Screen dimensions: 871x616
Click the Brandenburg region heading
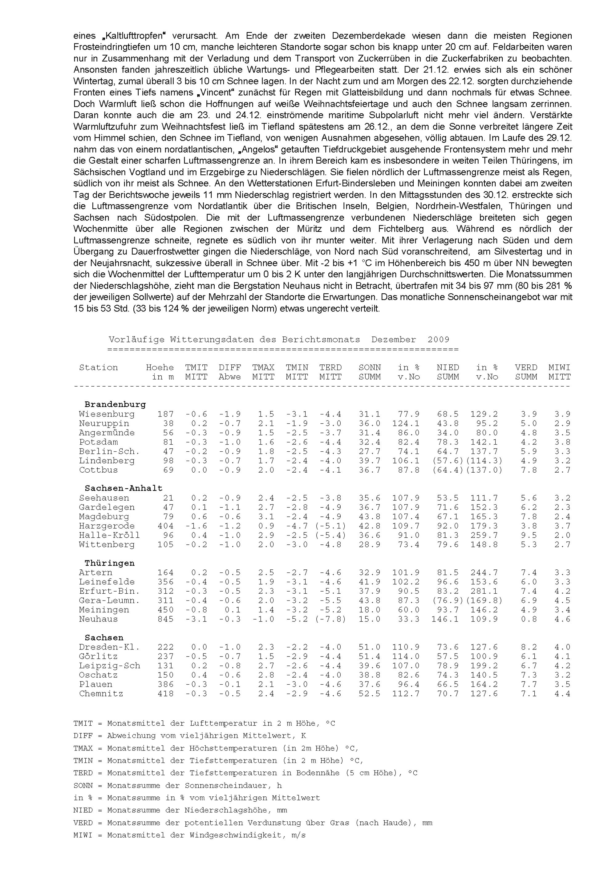pyautogui.click(x=115, y=405)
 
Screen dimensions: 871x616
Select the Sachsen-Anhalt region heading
pyautogui.click(x=123, y=488)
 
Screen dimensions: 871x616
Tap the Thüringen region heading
pyautogui.click(x=109, y=563)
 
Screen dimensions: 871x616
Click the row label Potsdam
pyautogui.click(x=98, y=442)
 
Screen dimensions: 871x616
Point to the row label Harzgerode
pyautogui.click(x=107, y=526)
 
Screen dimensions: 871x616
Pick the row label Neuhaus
pyautogui.click(x=98, y=619)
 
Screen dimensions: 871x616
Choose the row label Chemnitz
pyautogui.click(x=101, y=694)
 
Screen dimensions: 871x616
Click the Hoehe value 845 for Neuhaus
pyautogui.click(x=165, y=619)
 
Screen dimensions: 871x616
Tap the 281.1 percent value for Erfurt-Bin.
pyautogui.click(x=484, y=591)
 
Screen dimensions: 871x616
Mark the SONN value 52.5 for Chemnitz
pyautogui.click(x=370, y=694)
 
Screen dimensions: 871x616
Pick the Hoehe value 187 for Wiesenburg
pyautogui.click(x=165, y=414)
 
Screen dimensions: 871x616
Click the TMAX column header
pyautogui.click(x=263, y=367)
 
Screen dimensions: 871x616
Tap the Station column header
pyautogui.click(x=98, y=367)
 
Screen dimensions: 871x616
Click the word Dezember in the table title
pyautogui.click(x=393, y=340)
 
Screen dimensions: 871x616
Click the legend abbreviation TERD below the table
pyautogui.click(x=83, y=773)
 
